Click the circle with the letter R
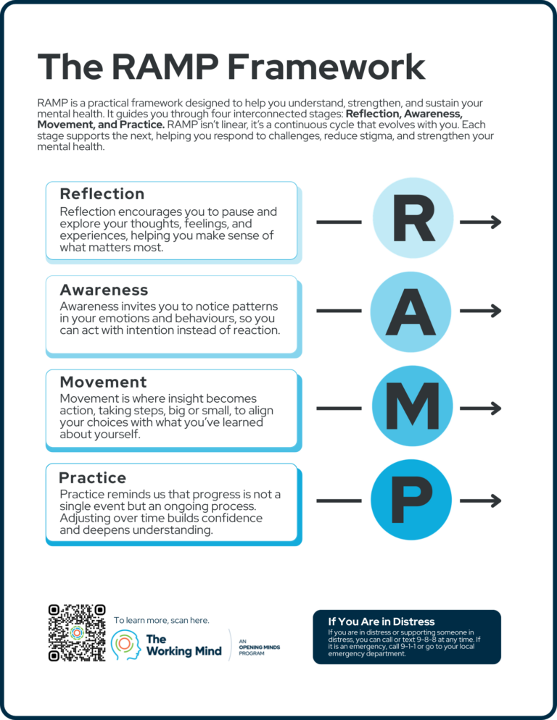[413, 221]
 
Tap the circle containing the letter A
[413, 311]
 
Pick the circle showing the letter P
[413, 500]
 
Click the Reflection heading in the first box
[102, 194]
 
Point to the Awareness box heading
[104, 290]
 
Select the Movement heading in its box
[103, 382]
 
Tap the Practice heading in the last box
[93, 478]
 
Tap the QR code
[77, 632]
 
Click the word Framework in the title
[326, 67]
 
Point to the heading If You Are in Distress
[381, 621]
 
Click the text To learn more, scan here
[161, 621]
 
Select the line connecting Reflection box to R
[339, 222]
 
